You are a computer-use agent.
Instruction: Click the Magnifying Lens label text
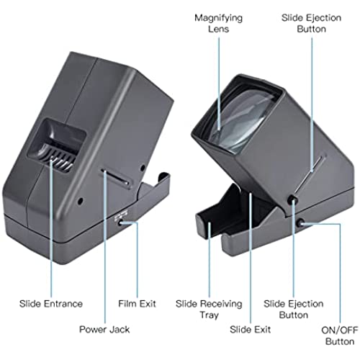pos(218,23)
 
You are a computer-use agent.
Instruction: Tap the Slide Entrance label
pos(51,304)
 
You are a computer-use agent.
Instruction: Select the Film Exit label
pos(137,304)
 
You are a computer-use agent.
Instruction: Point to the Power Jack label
pos(104,330)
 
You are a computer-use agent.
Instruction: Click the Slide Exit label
pos(250,330)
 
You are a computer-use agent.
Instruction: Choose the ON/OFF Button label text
pos(340,336)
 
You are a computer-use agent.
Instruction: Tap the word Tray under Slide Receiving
pos(209,315)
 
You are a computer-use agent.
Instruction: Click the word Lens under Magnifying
pos(218,29)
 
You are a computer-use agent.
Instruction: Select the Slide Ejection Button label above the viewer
pos(311,23)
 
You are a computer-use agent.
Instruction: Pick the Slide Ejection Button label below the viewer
pos(294,310)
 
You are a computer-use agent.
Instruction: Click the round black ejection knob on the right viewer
pos(292,199)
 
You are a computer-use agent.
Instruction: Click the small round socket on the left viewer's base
pos(120,223)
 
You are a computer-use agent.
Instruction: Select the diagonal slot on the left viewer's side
pos(115,178)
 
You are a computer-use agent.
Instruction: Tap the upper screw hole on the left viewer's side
pos(143,168)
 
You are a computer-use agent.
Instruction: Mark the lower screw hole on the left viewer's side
pos(81,201)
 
